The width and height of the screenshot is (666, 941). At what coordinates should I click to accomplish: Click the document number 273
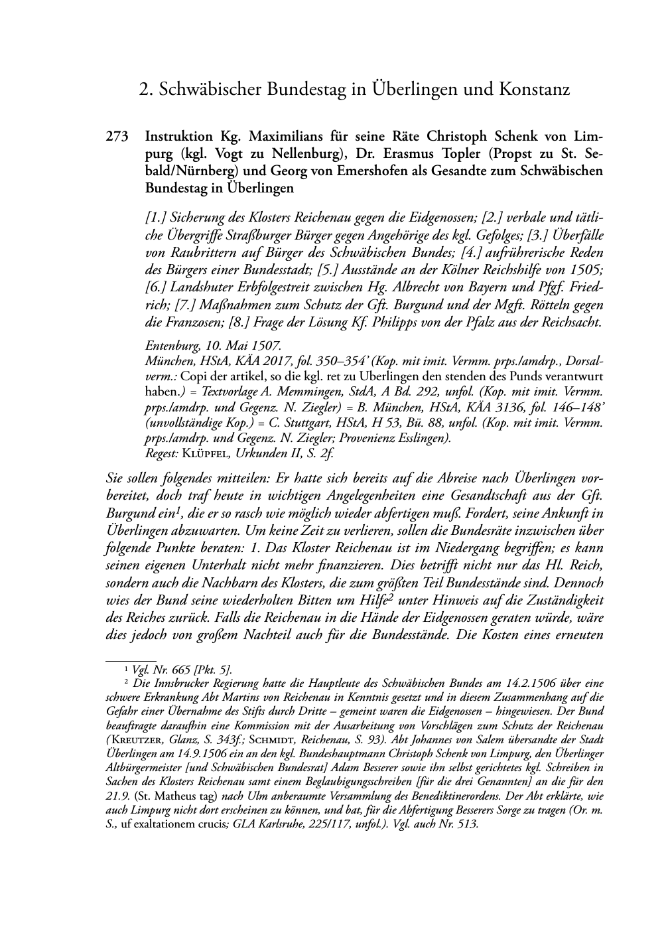coord(117,137)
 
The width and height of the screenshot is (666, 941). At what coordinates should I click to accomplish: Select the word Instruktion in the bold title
coord(179,137)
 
